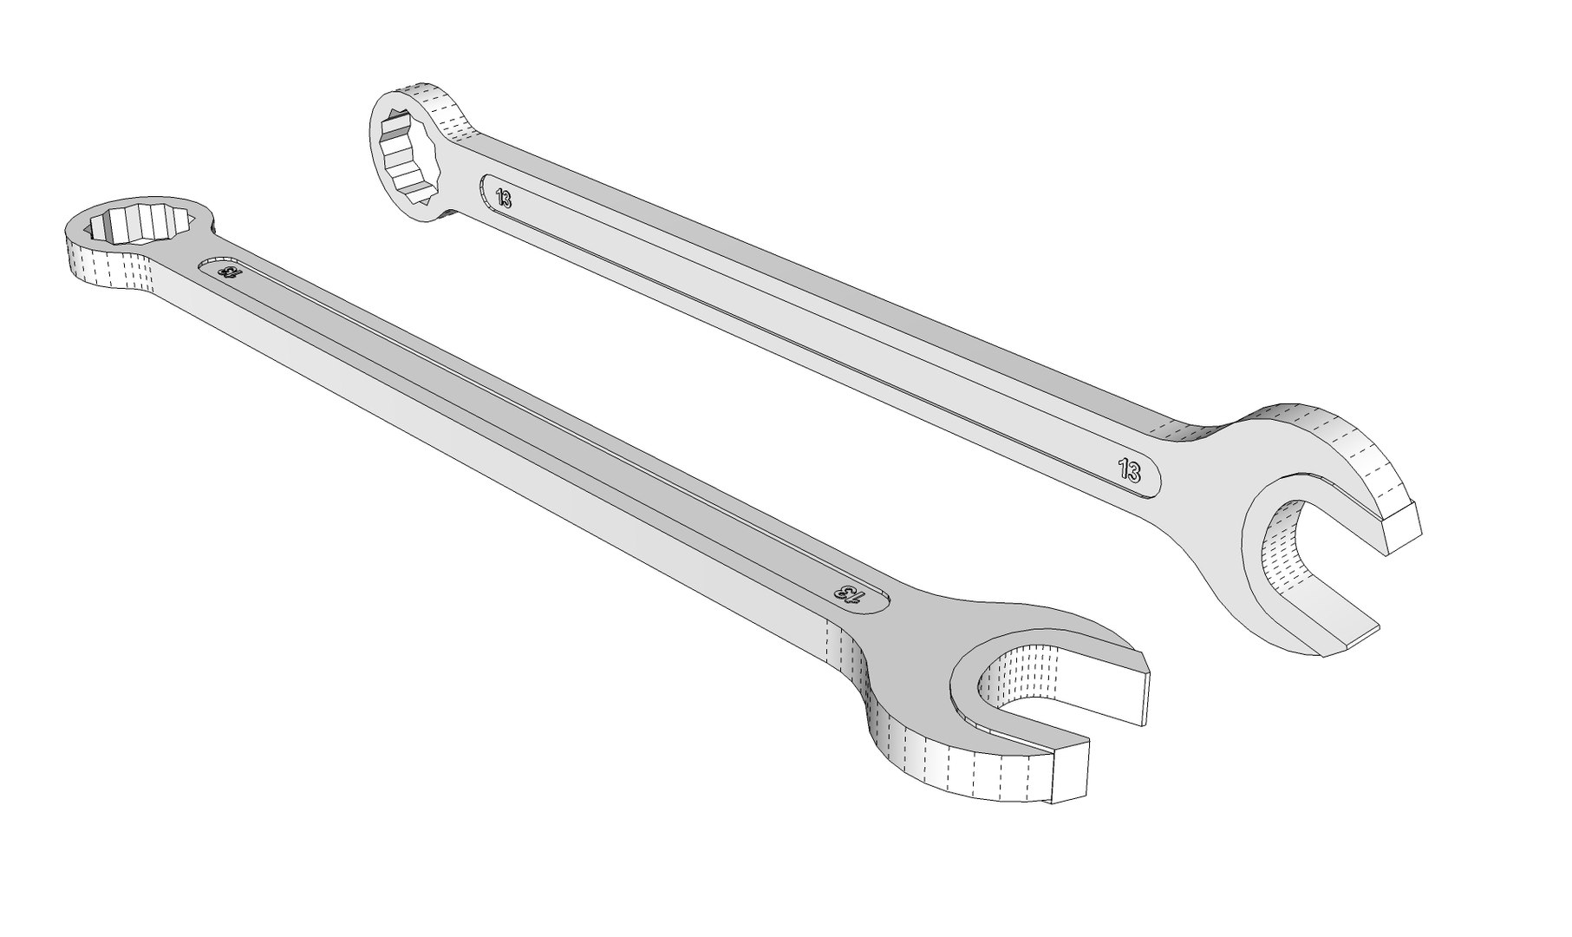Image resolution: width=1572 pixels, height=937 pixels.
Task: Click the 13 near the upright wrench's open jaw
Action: coord(1129,471)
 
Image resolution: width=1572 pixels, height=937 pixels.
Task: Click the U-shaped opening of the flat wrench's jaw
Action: coord(1032,694)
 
